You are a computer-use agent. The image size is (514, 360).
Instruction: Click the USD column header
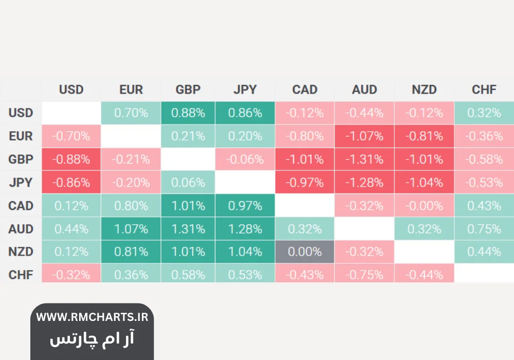click(71, 89)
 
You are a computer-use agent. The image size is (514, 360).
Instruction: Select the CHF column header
click(484, 89)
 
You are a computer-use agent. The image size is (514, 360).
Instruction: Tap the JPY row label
click(21, 183)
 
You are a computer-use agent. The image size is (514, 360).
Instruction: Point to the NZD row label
click(21, 252)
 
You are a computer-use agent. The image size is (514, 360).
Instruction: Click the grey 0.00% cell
click(305, 252)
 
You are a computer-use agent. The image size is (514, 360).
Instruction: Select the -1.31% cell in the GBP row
click(364, 159)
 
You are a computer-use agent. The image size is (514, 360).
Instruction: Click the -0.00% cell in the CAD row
click(424, 206)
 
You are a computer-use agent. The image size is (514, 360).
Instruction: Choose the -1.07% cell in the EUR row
click(364, 136)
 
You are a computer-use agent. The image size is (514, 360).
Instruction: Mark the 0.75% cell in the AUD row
click(484, 229)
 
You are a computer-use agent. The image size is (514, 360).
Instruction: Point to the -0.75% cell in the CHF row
click(364, 275)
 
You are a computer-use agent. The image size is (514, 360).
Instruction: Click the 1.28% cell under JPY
click(245, 229)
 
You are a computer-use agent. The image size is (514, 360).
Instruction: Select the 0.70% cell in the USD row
click(131, 113)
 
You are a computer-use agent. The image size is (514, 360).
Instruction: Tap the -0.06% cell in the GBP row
click(245, 159)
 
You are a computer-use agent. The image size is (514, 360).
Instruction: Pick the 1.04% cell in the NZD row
click(245, 252)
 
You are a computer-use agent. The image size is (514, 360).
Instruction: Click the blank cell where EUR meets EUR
click(131, 136)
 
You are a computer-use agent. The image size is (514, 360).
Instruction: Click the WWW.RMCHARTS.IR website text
click(92, 317)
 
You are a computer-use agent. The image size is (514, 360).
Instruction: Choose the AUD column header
click(364, 89)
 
